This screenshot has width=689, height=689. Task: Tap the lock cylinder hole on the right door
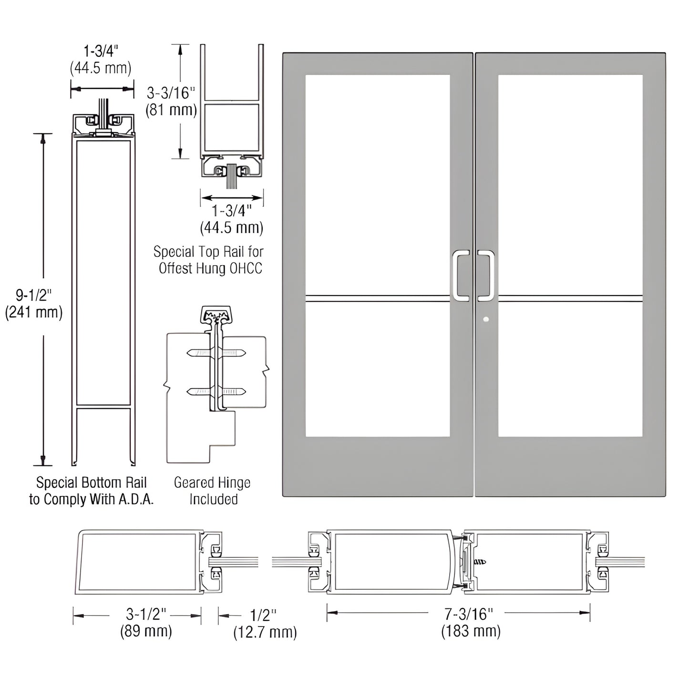(x=485, y=319)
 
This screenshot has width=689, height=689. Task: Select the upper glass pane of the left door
(x=377, y=184)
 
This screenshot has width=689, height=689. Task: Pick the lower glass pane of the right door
(x=570, y=370)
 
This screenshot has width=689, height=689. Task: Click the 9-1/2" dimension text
(x=33, y=295)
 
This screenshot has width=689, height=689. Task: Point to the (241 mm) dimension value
(x=33, y=313)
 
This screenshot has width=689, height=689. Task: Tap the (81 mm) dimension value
(x=171, y=110)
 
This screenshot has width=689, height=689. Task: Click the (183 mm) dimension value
(x=471, y=631)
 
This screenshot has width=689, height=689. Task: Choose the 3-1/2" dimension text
(x=146, y=614)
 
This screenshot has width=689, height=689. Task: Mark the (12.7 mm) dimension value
(x=265, y=632)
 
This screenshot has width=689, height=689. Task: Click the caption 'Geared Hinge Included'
(x=212, y=491)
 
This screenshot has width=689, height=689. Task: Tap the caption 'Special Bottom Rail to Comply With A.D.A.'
(x=91, y=491)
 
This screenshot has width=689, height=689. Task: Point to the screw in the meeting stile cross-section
(x=480, y=563)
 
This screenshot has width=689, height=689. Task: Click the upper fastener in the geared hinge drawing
(x=216, y=353)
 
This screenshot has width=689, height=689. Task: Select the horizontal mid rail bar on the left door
(x=377, y=299)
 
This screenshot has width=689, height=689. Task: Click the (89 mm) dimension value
(x=146, y=631)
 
